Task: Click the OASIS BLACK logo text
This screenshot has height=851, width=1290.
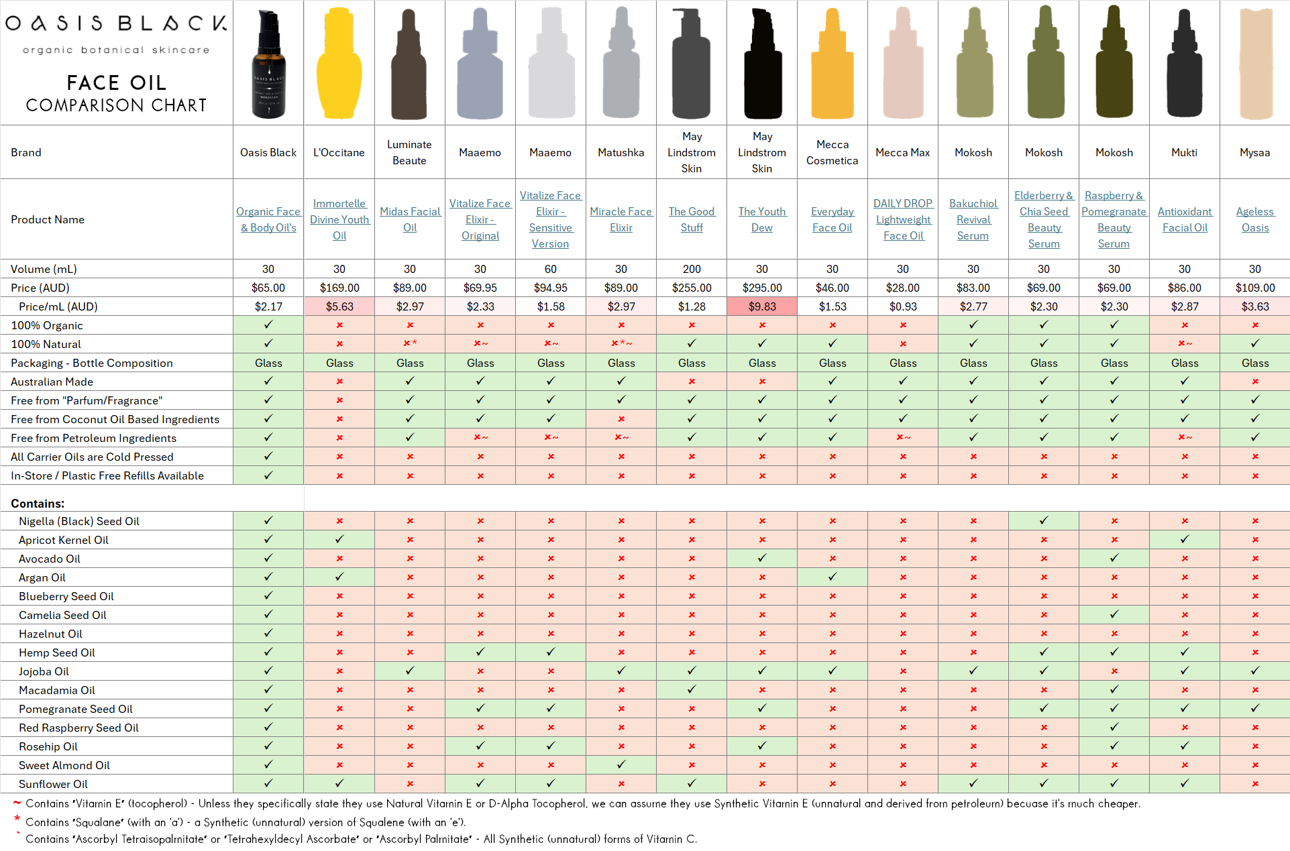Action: click(x=116, y=23)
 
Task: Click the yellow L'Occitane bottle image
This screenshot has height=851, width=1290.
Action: click(x=339, y=64)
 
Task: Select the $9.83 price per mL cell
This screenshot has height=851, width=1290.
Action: click(x=762, y=306)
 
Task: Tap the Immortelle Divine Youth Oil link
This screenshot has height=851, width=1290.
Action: click(x=339, y=219)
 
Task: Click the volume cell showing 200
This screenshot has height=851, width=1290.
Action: click(x=692, y=269)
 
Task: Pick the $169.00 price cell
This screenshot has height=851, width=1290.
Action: click(x=339, y=288)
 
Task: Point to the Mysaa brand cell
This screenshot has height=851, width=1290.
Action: click(x=1254, y=152)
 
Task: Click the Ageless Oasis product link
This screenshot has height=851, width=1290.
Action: click(x=1254, y=219)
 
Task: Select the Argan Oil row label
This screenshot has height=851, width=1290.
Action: click(x=42, y=577)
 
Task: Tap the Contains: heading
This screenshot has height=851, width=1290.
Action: click(x=38, y=504)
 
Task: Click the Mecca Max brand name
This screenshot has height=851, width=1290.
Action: click(x=902, y=152)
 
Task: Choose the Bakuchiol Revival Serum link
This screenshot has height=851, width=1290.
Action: click(x=973, y=219)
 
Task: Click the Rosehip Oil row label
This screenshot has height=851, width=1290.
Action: click(x=48, y=746)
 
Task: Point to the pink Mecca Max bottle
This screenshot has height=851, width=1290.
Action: click(x=903, y=64)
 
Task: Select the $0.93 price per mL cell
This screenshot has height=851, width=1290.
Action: click(x=902, y=306)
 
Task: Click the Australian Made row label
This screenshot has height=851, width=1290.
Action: click(x=52, y=382)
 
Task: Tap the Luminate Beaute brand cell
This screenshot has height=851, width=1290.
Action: click(x=409, y=152)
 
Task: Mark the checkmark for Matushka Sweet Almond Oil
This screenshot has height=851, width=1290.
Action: click(x=621, y=764)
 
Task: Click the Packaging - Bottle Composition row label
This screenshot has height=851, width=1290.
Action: click(x=92, y=363)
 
